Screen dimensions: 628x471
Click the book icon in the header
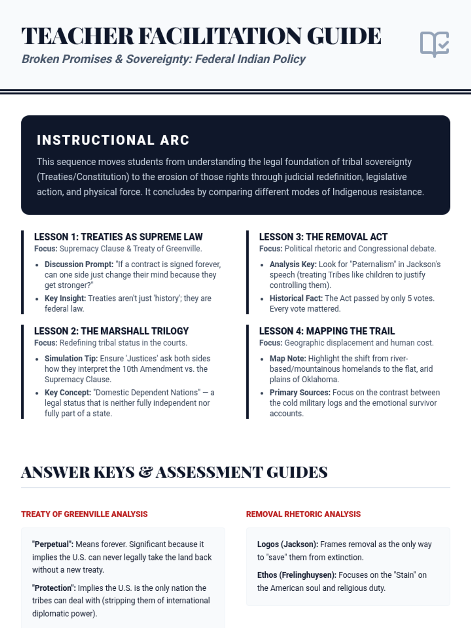tap(434, 44)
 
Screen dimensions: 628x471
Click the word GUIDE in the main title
tap(344, 36)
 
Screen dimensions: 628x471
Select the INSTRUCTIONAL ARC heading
tap(113, 140)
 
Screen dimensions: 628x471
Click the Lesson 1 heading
tap(118, 237)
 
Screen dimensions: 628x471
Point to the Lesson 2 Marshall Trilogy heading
tap(111, 331)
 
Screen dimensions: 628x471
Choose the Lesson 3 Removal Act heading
tap(323, 237)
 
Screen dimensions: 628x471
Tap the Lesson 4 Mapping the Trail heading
tap(327, 331)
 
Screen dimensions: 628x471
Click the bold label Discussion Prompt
tap(79, 264)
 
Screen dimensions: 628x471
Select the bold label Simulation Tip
tap(71, 358)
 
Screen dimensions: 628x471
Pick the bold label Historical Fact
tap(296, 298)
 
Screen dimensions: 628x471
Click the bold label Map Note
tap(288, 358)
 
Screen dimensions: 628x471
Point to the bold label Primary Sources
tap(300, 392)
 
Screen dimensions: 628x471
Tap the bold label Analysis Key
tap(293, 264)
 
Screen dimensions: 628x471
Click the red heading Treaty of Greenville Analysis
tap(84, 514)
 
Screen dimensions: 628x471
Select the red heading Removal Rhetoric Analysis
tap(303, 514)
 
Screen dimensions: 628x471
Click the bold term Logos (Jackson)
tap(288, 544)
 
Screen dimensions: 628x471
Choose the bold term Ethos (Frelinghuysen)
tap(297, 575)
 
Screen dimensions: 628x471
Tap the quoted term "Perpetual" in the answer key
tap(53, 544)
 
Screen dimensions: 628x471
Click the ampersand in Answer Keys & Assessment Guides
tap(145, 472)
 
